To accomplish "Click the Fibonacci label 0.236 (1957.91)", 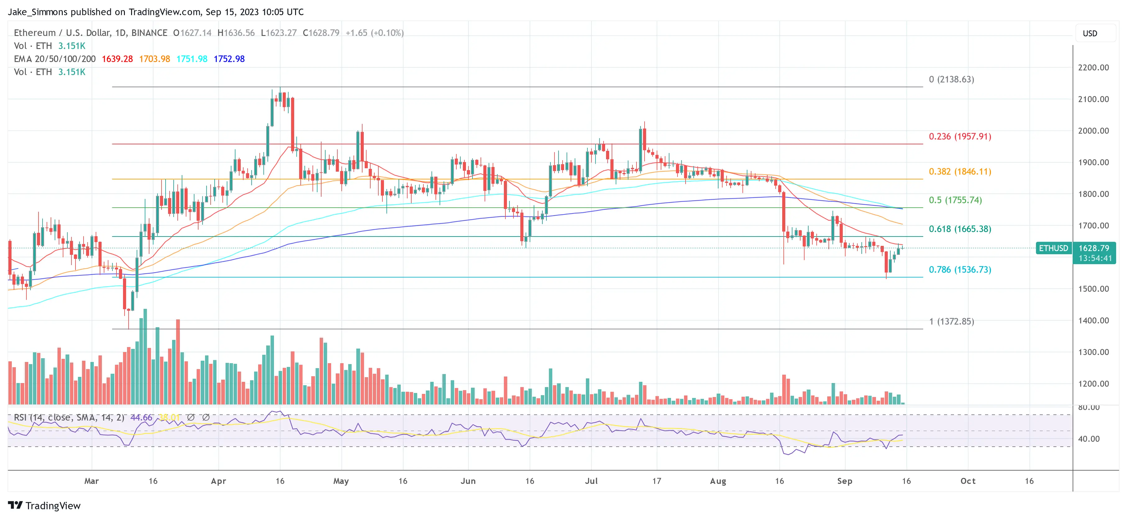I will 960,136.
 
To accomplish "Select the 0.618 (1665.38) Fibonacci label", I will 960,229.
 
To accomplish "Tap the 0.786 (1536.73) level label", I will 960,270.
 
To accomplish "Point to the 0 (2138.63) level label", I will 951,79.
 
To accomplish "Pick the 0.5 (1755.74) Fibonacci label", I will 955,200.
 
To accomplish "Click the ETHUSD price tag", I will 1053,248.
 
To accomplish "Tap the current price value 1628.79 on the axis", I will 1093,248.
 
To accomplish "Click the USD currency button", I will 1089,34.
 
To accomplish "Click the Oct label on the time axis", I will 968,481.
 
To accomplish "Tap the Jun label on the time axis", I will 468,481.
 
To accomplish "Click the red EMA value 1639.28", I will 117,59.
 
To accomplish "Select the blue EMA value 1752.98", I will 229,59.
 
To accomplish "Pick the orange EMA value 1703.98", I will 154,59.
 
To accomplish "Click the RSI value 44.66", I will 141,417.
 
